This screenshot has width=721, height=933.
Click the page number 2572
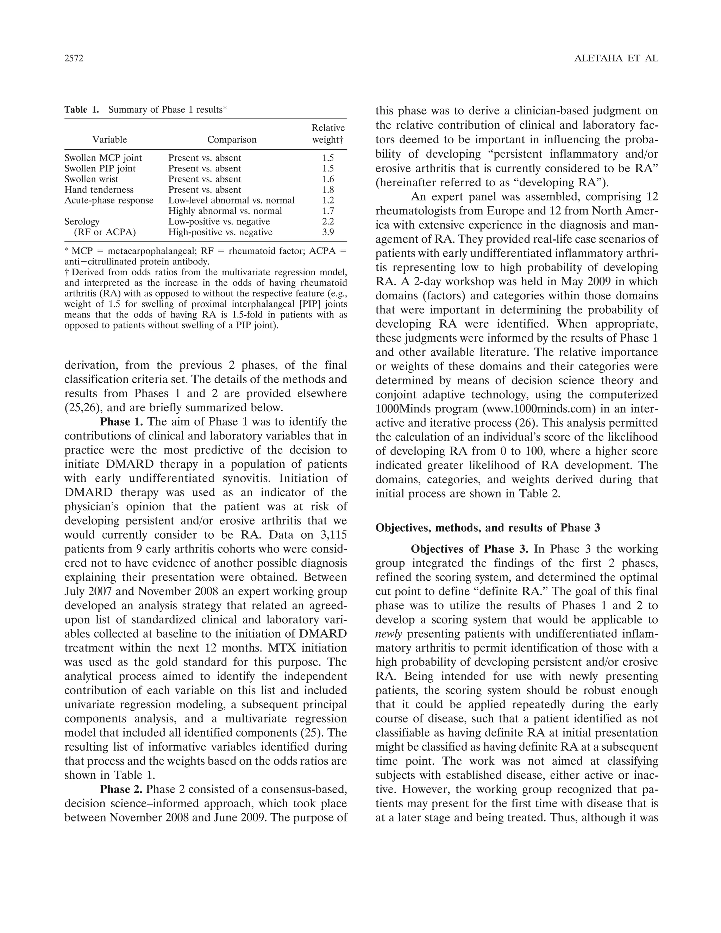(x=74, y=58)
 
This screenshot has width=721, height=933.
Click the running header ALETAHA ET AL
(x=616, y=58)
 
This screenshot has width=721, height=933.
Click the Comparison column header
(x=232, y=140)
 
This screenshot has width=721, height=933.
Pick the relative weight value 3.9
(x=328, y=232)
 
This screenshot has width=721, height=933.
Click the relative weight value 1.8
(x=328, y=190)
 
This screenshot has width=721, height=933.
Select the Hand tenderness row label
(x=99, y=190)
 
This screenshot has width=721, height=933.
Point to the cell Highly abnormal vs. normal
(x=225, y=211)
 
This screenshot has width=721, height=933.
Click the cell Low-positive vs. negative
(x=219, y=221)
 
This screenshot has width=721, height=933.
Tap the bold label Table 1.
(x=82, y=110)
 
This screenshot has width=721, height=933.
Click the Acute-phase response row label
(x=109, y=200)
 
